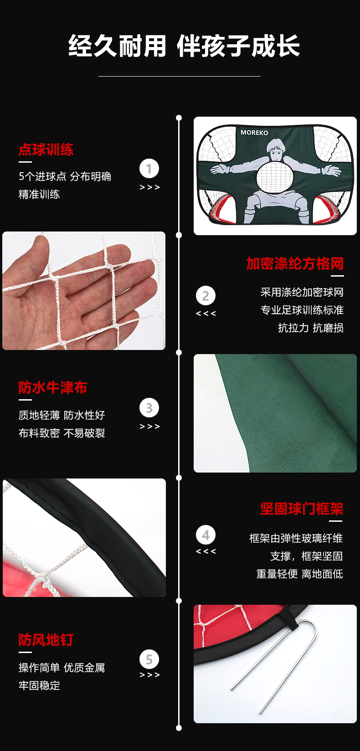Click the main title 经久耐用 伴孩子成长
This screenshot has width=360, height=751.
pos(184,46)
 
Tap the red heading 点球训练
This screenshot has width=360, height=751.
pos(46,149)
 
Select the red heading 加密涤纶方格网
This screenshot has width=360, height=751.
pos(295,263)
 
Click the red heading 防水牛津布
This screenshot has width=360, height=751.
pos(53,387)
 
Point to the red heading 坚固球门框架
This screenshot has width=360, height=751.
pos(302,509)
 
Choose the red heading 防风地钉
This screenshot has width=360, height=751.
pos(46,640)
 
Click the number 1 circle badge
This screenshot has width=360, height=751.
pos(149,169)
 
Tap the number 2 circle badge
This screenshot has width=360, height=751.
pos(206,296)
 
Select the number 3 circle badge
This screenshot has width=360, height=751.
pos(149,408)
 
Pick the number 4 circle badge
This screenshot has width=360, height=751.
pos(206,535)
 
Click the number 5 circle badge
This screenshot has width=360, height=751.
pos(149,659)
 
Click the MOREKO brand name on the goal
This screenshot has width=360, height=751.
pos(254,133)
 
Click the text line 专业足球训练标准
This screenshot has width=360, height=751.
pos(302,310)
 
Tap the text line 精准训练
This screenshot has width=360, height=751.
pos(39,194)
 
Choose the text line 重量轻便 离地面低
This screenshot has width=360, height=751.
pos(299,574)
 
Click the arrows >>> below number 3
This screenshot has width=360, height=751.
pos(149,427)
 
